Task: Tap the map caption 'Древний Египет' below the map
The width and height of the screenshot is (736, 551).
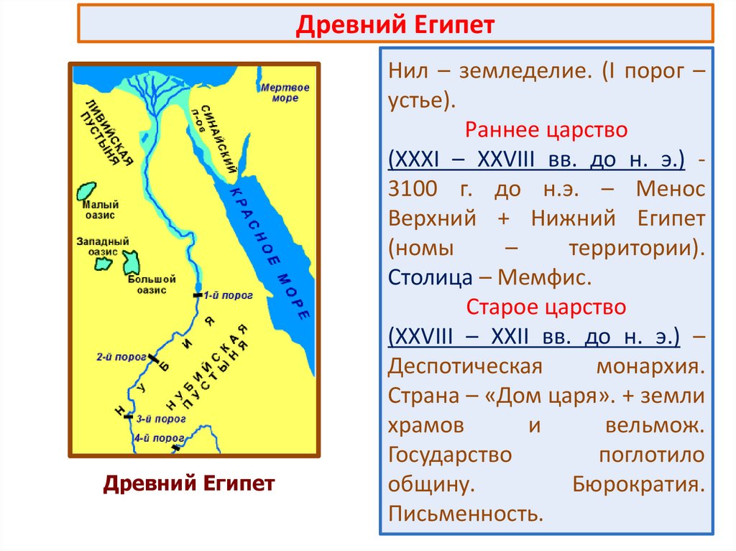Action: coord(189,483)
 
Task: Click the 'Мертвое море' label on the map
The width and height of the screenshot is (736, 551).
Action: coord(285,93)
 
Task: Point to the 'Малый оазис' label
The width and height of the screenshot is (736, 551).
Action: coord(98,209)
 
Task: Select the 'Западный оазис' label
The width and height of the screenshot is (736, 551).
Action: coord(103,247)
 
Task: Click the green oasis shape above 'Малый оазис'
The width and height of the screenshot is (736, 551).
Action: coord(87,191)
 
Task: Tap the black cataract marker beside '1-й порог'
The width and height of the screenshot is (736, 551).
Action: coord(198,295)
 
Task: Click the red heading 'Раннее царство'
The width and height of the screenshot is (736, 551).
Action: coord(547,130)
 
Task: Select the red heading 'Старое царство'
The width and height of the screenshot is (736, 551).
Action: coord(546,307)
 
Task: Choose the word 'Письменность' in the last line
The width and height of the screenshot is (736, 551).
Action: coord(464,514)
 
